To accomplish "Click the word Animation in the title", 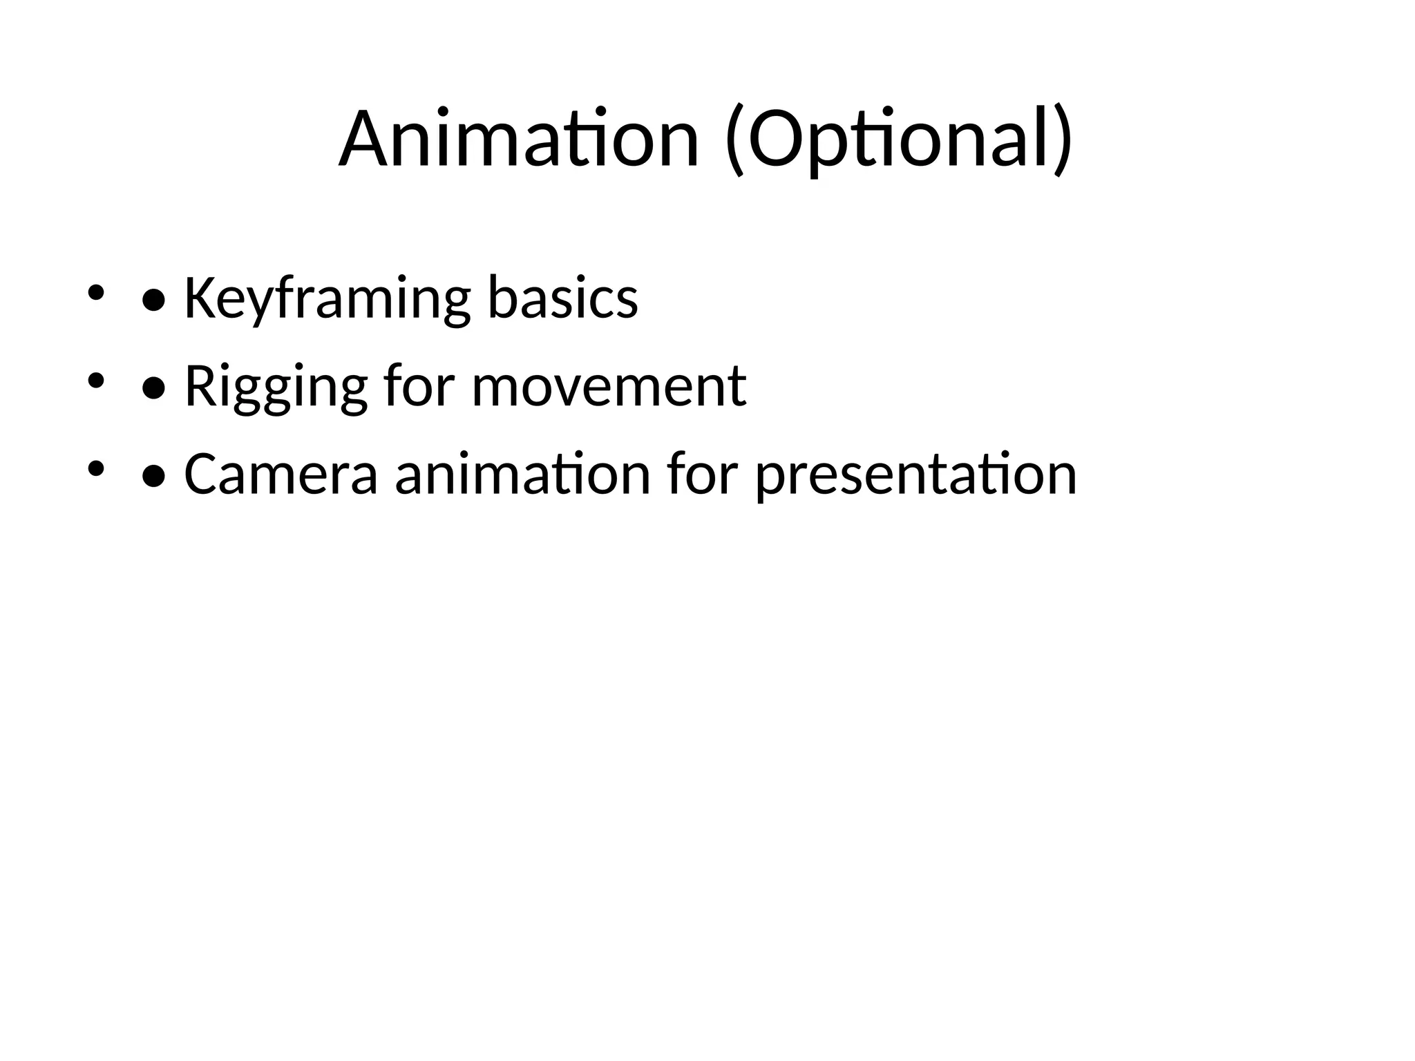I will (x=518, y=140).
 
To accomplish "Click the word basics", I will (x=562, y=298).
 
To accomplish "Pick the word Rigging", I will (x=276, y=386).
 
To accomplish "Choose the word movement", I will (x=609, y=386).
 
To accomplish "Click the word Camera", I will (x=281, y=475).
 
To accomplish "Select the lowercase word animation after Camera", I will (x=522, y=475).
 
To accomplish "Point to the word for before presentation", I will (x=702, y=475).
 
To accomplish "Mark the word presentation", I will (x=916, y=475).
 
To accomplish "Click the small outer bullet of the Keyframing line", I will (x=95, y=292).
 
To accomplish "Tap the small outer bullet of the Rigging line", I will (x=95, y=381).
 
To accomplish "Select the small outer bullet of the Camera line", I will (x=95, y=469).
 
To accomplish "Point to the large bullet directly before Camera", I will (x=153, y=477).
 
